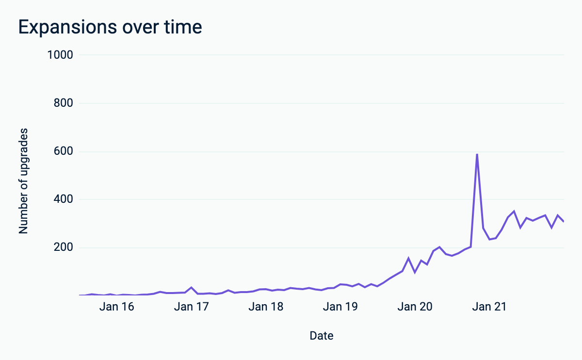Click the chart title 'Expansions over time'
(110, 27)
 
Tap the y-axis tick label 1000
(60, 55)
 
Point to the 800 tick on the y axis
(63, 103)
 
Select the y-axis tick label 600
(63, 151)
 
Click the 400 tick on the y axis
(63, 199)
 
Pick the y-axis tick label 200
(63, 247)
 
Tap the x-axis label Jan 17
(191, 307)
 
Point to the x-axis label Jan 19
(340, 307)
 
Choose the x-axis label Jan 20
(414, 307)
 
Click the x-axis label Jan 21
(489, 307)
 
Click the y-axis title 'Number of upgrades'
(24, 181)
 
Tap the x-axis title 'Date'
(322, 335)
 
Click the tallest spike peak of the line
(477, 154)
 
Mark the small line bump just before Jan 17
(192, 287)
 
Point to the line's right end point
(564, 221)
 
